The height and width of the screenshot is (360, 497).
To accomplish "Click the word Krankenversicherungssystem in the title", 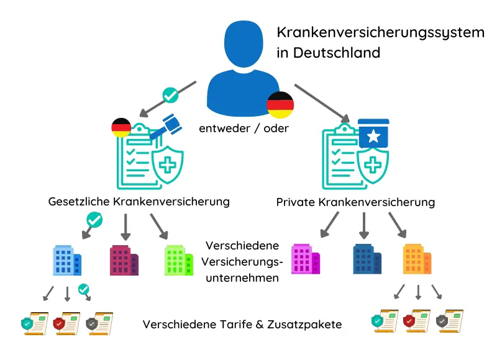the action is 380,33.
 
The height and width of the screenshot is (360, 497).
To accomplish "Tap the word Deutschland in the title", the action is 337,53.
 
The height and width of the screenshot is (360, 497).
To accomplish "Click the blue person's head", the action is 244,43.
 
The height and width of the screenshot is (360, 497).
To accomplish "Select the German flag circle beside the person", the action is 280,105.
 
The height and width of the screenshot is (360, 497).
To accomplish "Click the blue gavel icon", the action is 166,127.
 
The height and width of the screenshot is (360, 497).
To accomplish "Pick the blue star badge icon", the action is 373,133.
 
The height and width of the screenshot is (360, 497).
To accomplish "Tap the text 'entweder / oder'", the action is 244,128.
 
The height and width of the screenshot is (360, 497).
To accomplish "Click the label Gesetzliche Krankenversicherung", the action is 139,202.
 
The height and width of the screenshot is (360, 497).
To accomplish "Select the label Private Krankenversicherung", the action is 355,202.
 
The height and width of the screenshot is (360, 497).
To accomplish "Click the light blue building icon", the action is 67,260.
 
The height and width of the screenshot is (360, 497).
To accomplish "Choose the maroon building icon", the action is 124,260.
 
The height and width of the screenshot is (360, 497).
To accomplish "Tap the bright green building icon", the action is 179,260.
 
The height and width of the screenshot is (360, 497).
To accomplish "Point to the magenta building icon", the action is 306,259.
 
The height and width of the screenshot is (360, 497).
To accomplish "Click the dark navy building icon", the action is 367,259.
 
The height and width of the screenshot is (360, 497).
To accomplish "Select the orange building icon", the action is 417,259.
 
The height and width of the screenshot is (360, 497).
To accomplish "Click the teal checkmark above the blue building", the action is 94,220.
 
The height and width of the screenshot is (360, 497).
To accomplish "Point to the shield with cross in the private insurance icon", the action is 373,165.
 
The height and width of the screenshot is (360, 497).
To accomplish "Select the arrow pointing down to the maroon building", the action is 125,227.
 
